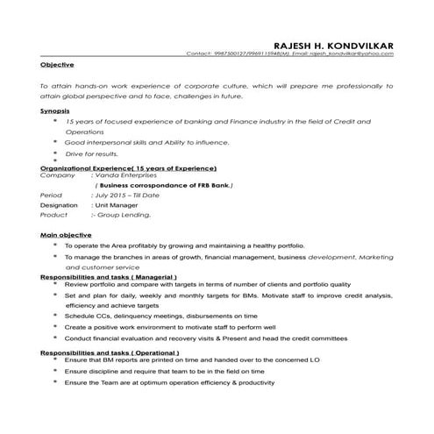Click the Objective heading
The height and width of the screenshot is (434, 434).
pyautogui.click(x=57, y=65)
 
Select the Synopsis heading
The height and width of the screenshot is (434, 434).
pyautogui.click(x=55, y=111)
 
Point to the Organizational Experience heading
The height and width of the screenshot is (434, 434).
pyautogui.click(x=128, y=167)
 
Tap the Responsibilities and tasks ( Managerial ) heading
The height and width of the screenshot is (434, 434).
pyautogui.click(x=114, y=276)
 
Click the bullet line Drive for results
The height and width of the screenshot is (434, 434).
pyautogui.click(x=92, y=153)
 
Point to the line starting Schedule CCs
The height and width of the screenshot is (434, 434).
pyautogui.click(x=161, y=315)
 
